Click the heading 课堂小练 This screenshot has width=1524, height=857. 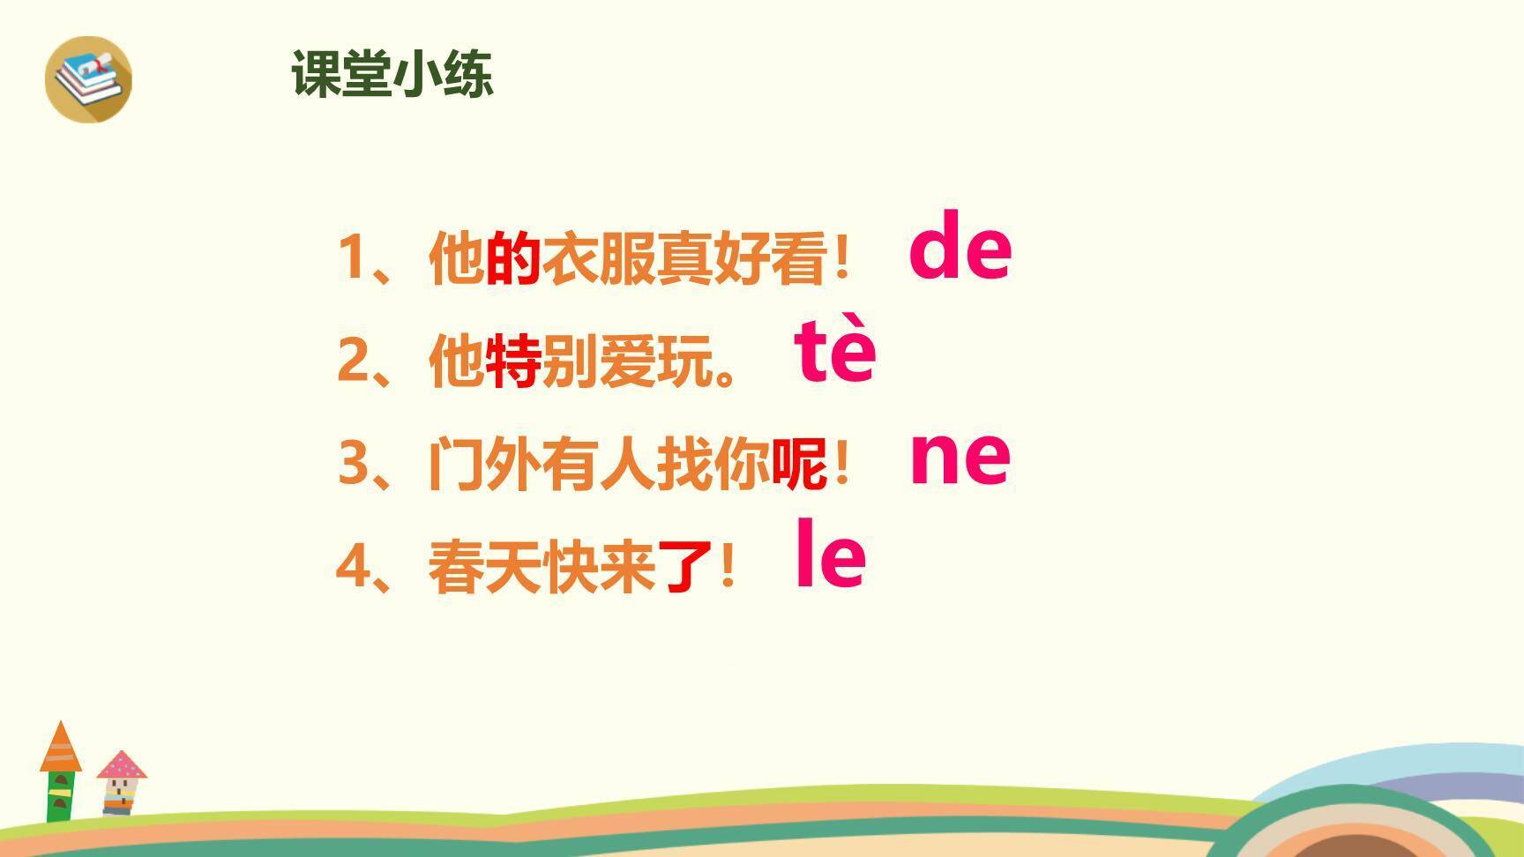click(392, 74)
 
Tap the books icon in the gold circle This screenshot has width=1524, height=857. click(88, 79)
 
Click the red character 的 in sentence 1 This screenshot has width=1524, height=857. click(512, 258)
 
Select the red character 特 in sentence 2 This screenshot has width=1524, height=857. click(512, 361)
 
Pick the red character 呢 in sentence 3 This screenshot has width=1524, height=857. click(799, 464)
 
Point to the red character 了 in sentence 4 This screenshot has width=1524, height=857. click(684, 566)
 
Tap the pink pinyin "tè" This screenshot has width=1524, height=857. click(835, 350)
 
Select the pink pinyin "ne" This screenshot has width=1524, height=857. click(960, 457)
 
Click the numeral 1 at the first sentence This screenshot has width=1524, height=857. click(352, 258)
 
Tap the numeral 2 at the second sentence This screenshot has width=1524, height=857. click(352, 361)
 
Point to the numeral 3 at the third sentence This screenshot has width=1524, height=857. click(352, 464)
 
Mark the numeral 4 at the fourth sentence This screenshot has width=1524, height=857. click(352, 566)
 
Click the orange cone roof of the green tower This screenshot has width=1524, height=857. click(61, 749)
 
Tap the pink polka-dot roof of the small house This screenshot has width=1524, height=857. click(122, 765)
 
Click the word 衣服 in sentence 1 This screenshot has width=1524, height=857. click(598, 258)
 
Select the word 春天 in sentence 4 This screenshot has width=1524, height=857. click(484, 566)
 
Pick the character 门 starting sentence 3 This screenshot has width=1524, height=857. click(455, 464)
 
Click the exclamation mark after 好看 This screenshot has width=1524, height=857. click(842, 258)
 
